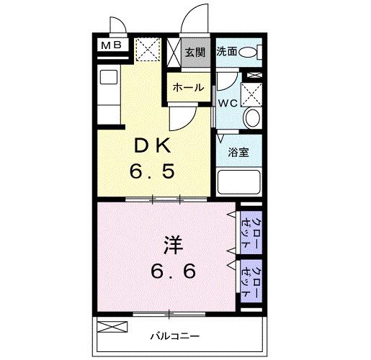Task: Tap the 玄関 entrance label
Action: point(194,52)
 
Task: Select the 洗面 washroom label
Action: point(227,52)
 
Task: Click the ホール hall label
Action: point(187,88)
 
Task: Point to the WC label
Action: point(228,102)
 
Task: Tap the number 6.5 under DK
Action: point(153,173)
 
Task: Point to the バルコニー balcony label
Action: point(170,336)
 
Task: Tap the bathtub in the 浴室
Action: point(238,183)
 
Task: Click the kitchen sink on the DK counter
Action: point(108,77)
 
